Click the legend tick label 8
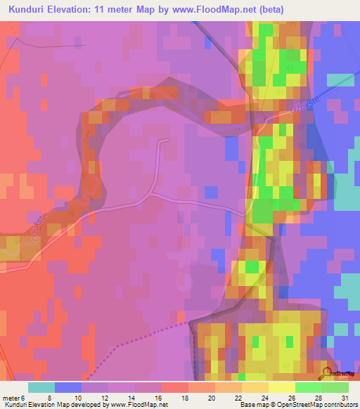click(x=49, y=397)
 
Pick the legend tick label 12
click(x=103, y=397)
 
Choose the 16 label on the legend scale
click(x=157, y=397)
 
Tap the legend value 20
click(x=210, y=397)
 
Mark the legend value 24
click(x=264, y=397)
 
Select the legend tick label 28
click(x=318, y=397)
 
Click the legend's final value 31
click(x=345, y=397)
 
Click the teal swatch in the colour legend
click(x=41, y=387)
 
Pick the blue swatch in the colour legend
click(x=68, y=387)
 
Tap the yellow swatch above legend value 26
click(x=282, y=387)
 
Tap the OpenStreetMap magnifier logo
click(x=327, y=373)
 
